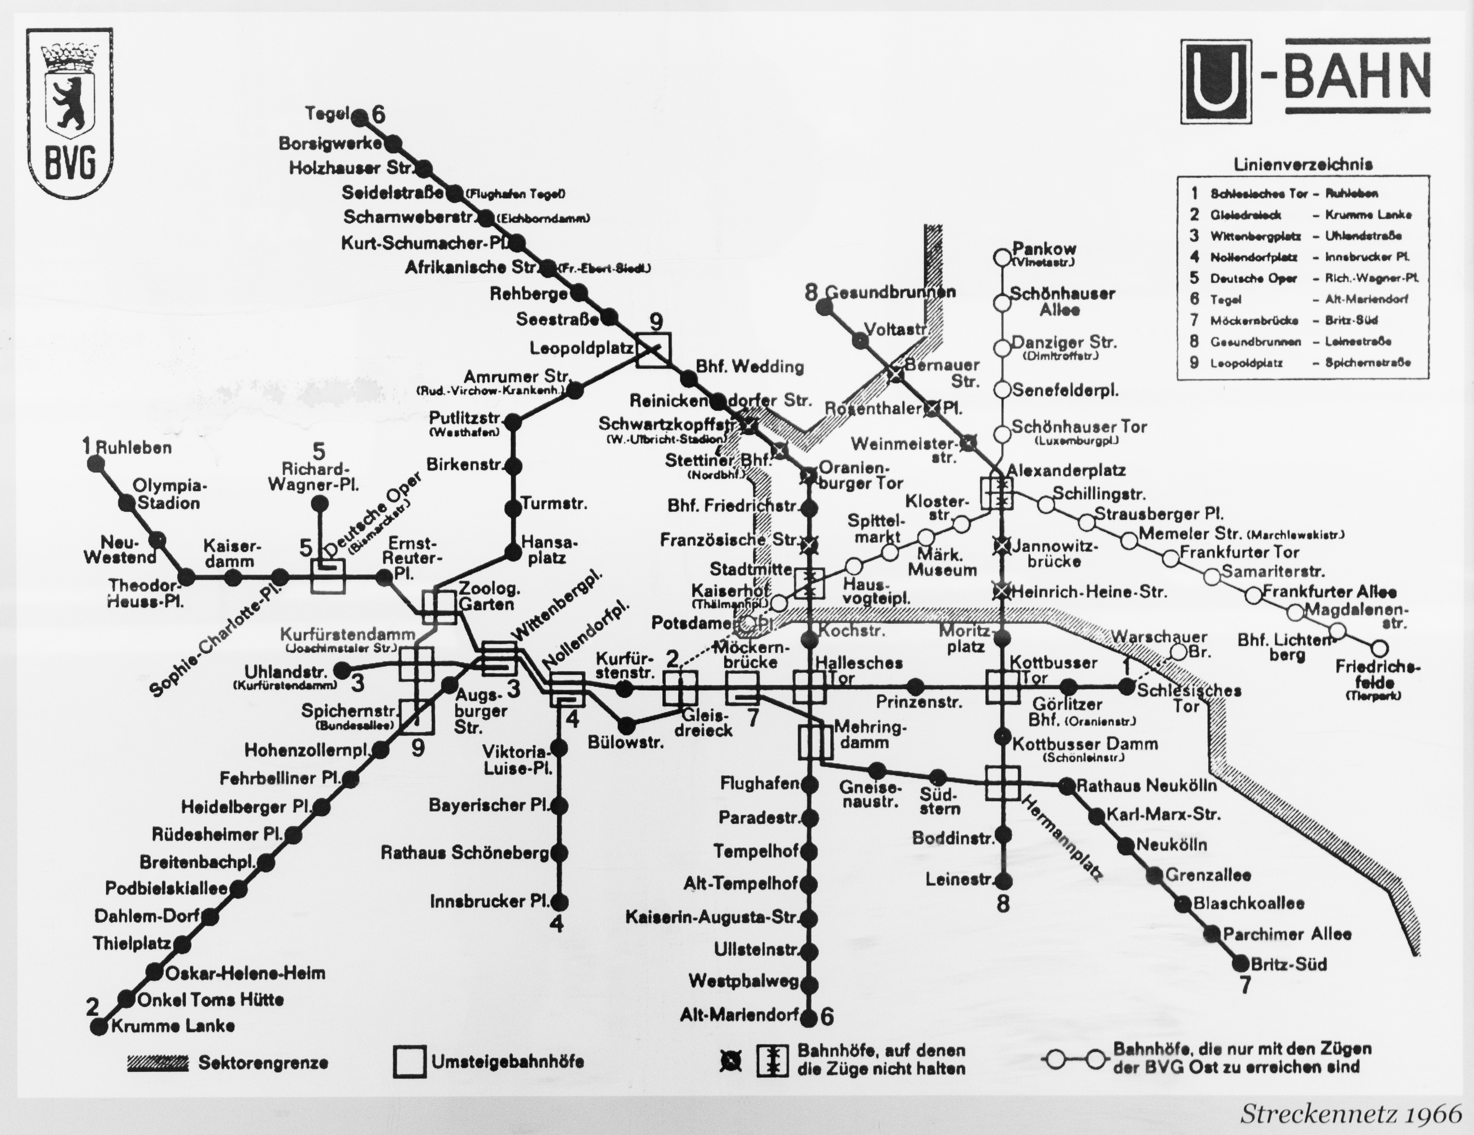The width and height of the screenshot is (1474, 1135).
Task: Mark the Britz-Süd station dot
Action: click(1240, 963)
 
